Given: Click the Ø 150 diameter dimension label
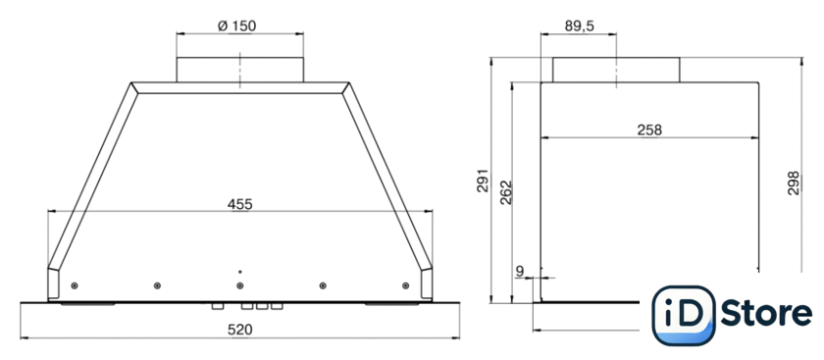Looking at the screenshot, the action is [237, 26].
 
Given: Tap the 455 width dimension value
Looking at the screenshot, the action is [240, 204].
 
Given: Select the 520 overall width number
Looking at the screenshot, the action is [240, 330].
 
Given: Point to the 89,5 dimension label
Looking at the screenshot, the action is [580, 26].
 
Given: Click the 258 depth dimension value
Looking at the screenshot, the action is [649, 129].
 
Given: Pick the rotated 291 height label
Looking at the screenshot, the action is [483, 180].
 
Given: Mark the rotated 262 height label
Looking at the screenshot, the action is [505, 192].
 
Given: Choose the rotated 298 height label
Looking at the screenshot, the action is [793, 182].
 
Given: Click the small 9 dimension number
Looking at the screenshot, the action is [520, 271].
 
